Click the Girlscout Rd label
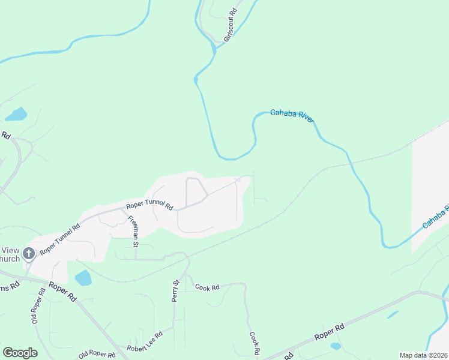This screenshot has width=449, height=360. [231, 25]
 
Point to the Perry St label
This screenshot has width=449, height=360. [176, 290]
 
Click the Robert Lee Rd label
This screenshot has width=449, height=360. [145, 342]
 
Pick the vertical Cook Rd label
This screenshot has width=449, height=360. [254, 343]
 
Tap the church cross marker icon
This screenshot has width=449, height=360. [28, 254]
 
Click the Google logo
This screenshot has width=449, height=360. [20, 352]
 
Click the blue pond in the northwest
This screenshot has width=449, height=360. [16, 114]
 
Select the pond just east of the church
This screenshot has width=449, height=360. [83, 278]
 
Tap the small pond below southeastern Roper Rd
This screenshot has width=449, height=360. [336, 346]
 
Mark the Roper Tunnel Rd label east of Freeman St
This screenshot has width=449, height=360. [149, 205]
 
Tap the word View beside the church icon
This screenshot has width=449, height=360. [10, 250]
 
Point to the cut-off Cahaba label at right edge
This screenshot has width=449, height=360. [435, 217]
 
